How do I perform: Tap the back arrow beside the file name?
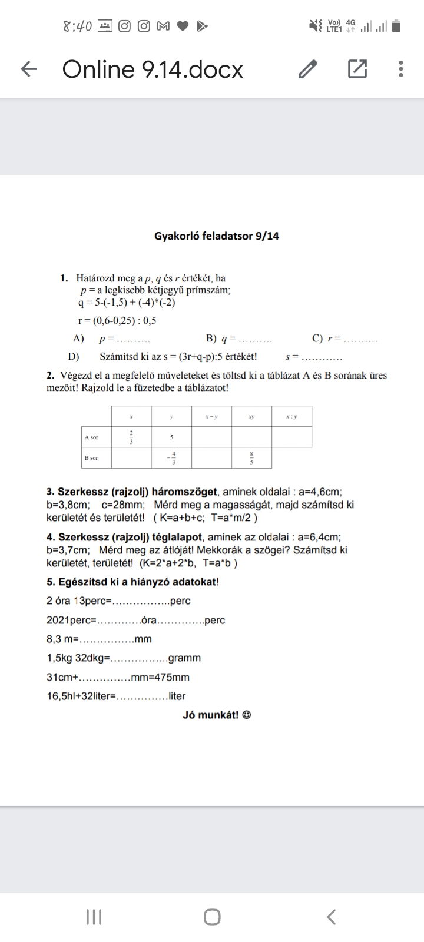29,70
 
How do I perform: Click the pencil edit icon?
308,69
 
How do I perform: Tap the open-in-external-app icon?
357,69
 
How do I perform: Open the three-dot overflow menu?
401,69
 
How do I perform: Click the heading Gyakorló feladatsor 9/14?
217,236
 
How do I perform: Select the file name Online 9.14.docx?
153,69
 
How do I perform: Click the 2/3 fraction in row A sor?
131,437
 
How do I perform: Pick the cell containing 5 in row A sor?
171,437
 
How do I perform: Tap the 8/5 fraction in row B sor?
251,458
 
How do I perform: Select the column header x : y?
291,416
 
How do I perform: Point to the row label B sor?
91,457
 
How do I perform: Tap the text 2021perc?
71,620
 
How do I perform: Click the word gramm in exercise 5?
184,658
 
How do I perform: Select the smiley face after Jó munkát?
247,715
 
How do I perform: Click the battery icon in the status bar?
396,26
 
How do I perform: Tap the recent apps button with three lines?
94,917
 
